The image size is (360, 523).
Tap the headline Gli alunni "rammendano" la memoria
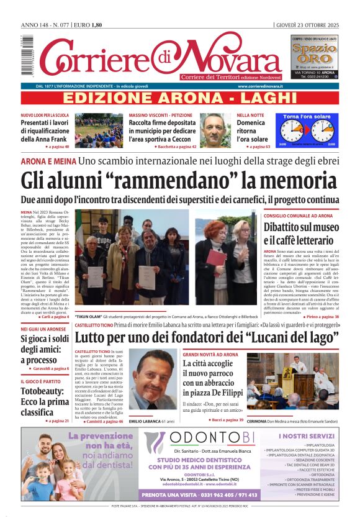tap(180, 180)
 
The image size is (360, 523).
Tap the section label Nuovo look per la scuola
tap(45, 116)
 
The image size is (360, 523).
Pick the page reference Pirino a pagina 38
tap(322, 316)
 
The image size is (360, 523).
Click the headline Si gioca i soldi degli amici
tap(45, 349)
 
